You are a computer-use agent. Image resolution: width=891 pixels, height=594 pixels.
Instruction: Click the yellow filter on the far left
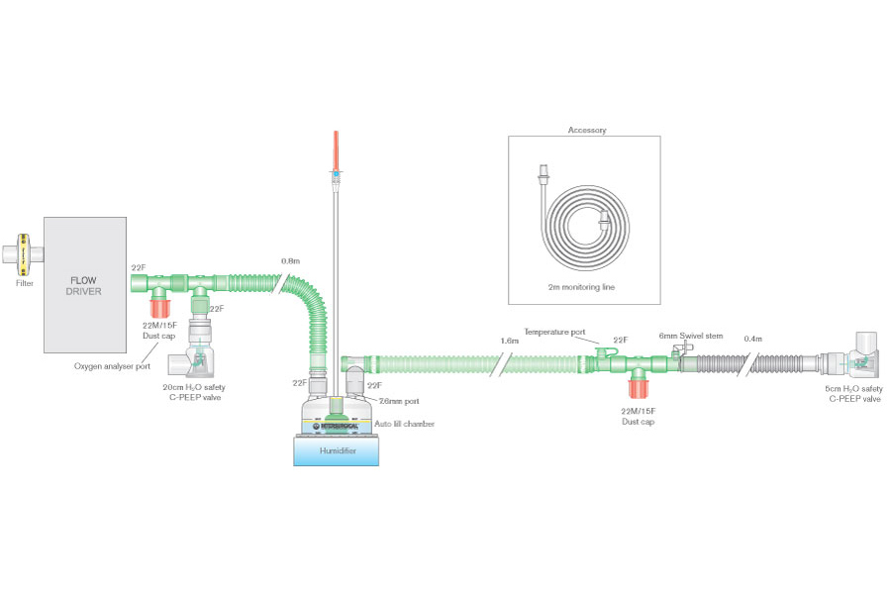tap(25, 255)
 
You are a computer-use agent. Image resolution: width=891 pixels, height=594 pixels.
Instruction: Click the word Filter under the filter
tap(25, 283)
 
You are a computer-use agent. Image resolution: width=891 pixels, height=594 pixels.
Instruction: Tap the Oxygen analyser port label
tap(112, 365)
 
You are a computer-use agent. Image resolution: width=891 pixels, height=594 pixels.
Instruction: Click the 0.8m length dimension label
tap(291, 261)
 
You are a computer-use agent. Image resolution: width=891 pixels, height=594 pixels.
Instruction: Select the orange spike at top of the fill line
tap(337, 148)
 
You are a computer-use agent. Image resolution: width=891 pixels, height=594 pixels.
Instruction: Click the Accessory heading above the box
tap(587, 130)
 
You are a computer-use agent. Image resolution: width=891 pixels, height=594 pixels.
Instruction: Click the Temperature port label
tap(556, 334)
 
